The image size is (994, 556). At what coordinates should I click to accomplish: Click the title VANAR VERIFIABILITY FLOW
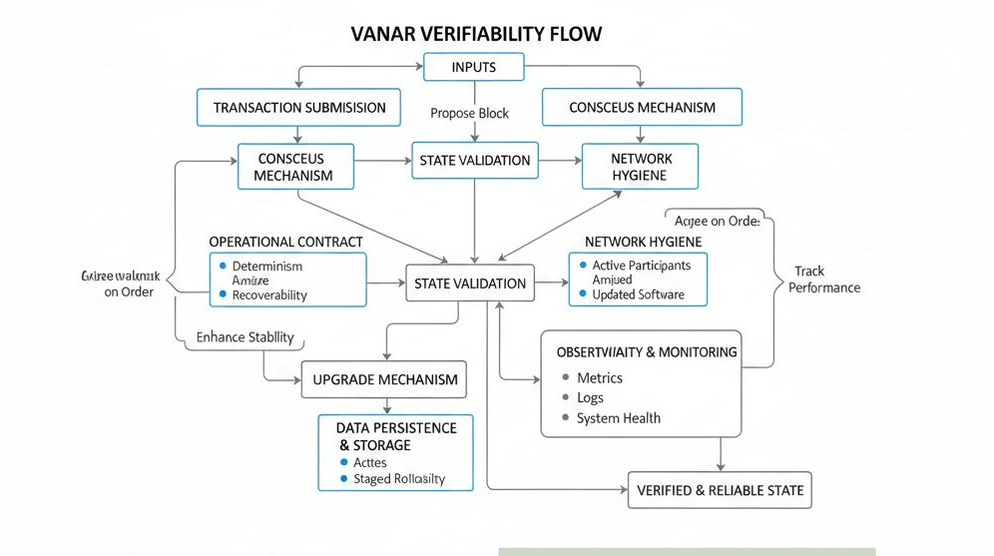(x=477, y=34)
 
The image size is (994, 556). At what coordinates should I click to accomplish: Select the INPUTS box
(x=473, y=68)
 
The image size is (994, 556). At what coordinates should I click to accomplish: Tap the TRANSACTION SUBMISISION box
(x=299, y=108)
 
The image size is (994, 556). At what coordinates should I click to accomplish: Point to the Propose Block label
(x=470, y=113)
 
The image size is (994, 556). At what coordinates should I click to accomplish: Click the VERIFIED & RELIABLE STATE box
(x=719, y=490)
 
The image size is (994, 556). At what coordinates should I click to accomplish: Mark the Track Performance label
(x=823, y=279)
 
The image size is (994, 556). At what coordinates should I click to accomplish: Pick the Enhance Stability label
(x=245, y=337)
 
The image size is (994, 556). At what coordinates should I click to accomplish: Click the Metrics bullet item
(x=599, y=378)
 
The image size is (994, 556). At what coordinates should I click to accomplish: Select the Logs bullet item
(x=590, y=398)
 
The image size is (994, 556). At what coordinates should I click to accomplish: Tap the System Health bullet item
(x=618, y=418)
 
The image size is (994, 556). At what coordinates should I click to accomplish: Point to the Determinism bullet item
(x=266, y=267)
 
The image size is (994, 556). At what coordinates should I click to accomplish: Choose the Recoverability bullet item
(x=269, y=295)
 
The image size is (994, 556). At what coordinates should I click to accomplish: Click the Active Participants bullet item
(x=641, y=266)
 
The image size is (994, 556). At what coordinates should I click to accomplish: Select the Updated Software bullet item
(x=638, y=294)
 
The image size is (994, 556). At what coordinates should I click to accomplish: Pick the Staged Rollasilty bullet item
(x=399, y=479)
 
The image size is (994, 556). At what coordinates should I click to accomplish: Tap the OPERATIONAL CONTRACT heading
(x=285, y=242)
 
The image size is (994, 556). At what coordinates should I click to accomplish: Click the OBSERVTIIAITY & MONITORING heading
(x=647, y=352)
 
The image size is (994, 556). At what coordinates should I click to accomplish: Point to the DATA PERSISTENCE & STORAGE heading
(x=396, y=436)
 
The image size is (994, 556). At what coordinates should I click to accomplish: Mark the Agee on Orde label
(x=717, y=222)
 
